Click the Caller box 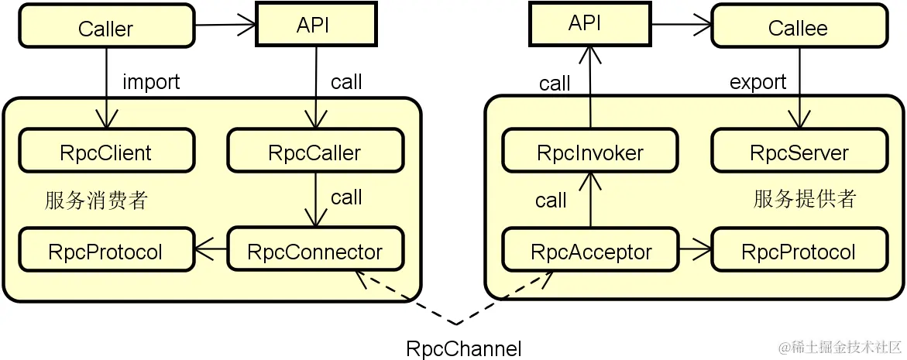[106, 28]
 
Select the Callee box [798, 28]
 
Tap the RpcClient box [106, 152]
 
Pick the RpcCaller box [314, 152]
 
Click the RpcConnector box [314, 252]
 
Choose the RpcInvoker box [590, 153]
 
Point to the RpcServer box [799, 153]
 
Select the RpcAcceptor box [591, 252]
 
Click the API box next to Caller [313, 25]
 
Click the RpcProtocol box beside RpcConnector [106, 252]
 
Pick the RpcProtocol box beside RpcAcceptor [799, 252]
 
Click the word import [151, 81]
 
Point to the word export [758, 81]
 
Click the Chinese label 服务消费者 [97, 201]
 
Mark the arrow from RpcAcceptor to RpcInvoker [591, 200]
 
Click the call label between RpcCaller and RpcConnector [346, 197]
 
